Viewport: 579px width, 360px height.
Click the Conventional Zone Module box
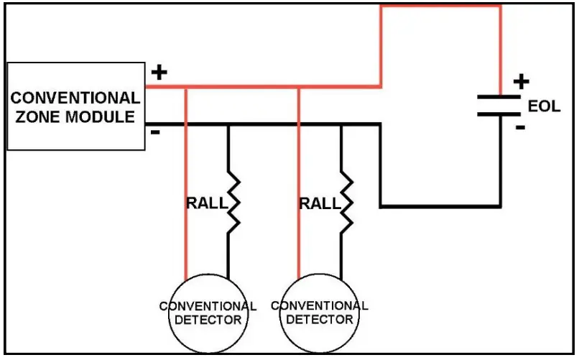click(75, 106)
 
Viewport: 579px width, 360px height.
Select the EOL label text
click(544, 106)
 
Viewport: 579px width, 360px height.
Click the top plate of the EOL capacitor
click(500, 96)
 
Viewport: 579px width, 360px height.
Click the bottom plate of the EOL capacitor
click(500, 113)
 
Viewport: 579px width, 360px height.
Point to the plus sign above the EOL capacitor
click(520, 81)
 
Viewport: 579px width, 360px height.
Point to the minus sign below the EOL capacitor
click(520, 128)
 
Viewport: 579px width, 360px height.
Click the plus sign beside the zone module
click(159, 72)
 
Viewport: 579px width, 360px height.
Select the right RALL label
click(320, 203)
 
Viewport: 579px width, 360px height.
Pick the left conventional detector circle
click(207, 313)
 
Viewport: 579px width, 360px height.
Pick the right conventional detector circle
click(320, 313)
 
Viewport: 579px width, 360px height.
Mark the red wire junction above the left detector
click(186, 88)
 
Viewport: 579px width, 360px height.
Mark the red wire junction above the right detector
click(298, 88)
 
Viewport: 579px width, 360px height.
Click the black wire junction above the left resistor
click(229, 124)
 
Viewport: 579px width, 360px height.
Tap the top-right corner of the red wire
click(500, 6)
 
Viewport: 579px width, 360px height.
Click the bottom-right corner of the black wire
click(500, 207)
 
